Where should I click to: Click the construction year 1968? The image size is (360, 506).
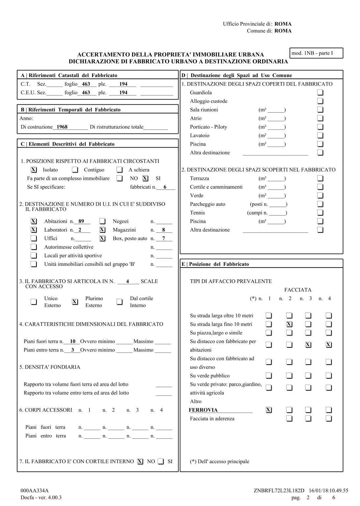(62, 127)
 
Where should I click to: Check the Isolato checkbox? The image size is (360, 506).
(34, 170)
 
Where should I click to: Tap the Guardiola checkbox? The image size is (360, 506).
(320, 93)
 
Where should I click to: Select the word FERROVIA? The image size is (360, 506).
(203, 410)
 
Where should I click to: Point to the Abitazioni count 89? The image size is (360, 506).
(81, 221)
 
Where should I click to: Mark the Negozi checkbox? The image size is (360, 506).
(102, 221)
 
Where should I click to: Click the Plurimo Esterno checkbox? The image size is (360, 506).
(75, 302)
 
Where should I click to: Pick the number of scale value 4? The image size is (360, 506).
(128, 281)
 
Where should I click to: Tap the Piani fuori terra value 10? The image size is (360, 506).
(73, 342)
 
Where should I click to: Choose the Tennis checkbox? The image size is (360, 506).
(320, 213)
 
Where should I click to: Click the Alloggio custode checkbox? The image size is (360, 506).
(320, 101)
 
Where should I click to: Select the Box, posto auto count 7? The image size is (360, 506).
(163, 239)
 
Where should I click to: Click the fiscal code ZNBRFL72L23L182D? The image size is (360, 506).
(279, 491)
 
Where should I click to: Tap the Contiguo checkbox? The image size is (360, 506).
(75, 170)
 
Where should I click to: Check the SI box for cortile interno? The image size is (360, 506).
(161, 462)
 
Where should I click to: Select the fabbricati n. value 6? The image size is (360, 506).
(165, 187)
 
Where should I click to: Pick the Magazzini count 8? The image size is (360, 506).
(163, 230)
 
